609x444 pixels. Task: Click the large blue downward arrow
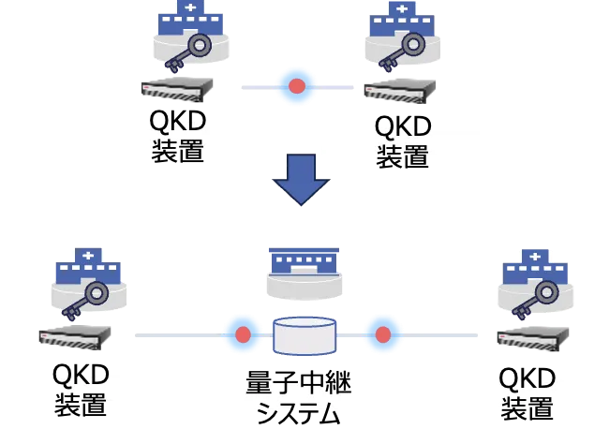pos(301,179)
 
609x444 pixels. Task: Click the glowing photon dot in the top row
pos(297,86)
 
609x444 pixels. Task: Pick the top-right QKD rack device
pos(402,91)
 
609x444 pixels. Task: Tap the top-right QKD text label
pos(401,141)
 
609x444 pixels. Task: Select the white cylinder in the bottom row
pos(304,336)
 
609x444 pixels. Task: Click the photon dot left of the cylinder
pos(243,333)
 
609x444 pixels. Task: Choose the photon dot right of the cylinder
pos(382,333)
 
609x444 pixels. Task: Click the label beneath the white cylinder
pos(296,396)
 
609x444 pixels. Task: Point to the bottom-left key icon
pos(85,299)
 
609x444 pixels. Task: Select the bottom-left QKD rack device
pos(75,336)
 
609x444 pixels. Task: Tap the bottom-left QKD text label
pos(82,389)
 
